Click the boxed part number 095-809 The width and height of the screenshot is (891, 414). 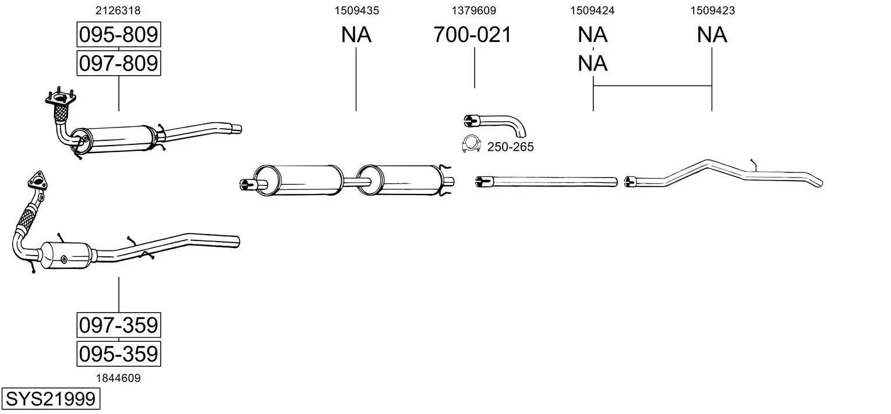coord(118,36)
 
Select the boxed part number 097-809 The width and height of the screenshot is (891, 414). coord(118,62)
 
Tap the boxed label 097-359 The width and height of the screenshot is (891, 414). coord(118,325)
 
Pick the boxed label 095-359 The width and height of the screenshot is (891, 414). coord(118,353)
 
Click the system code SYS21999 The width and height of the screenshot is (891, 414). coord(50,399)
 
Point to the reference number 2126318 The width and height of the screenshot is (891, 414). coord(118,10)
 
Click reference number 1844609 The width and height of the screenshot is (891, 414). coord(118,378)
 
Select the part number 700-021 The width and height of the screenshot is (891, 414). coord(472,35)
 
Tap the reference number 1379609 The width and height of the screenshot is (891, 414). coord(474,10)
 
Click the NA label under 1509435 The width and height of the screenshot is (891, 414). coord(356,35)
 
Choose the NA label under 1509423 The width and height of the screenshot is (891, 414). coord(712,35)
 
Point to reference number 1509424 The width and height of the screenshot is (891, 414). coord(593,10)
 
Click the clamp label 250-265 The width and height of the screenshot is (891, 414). coord(510,147)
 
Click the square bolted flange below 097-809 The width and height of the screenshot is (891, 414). coord(60,101)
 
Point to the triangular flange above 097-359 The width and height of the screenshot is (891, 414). coord(37,180)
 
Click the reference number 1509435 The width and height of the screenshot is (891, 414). coord(356,10)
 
